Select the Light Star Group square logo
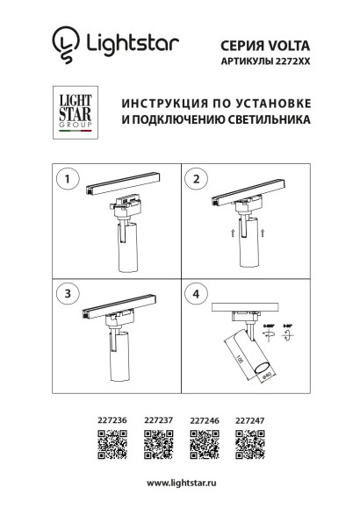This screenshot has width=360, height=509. (70, 113)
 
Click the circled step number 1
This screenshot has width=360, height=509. (63, 180)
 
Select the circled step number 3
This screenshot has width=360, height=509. (63, 292)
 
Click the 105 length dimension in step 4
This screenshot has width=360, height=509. (237, 361)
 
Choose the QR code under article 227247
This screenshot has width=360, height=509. (249, 448)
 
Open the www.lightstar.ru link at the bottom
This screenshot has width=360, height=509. (181, 484)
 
